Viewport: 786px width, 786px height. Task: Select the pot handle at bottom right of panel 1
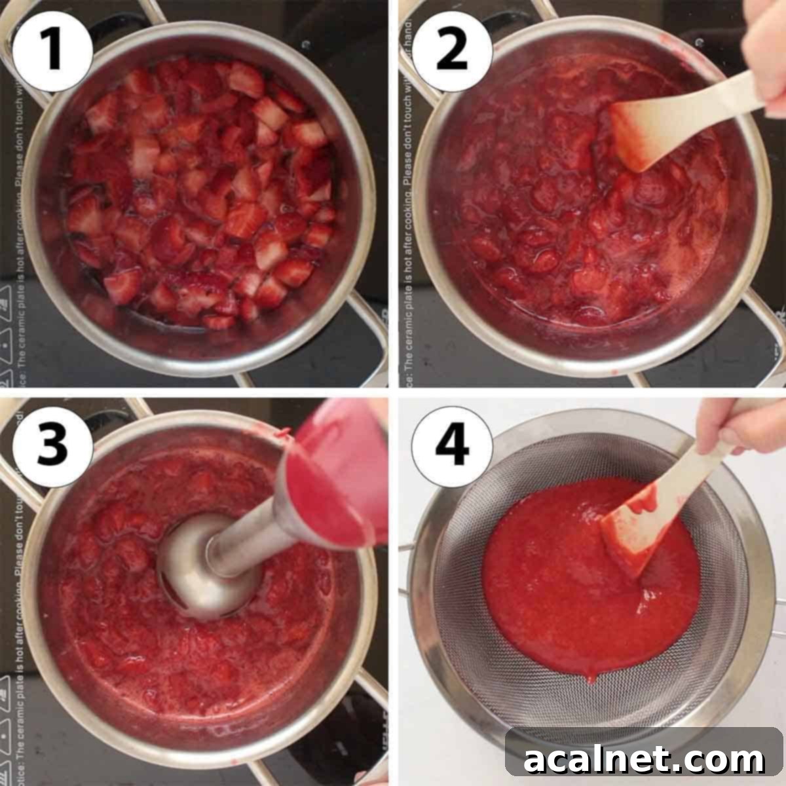(367, 327)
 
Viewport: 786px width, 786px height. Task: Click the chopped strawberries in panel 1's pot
(203, 196)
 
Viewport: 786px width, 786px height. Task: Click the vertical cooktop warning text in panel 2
(407, 196)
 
